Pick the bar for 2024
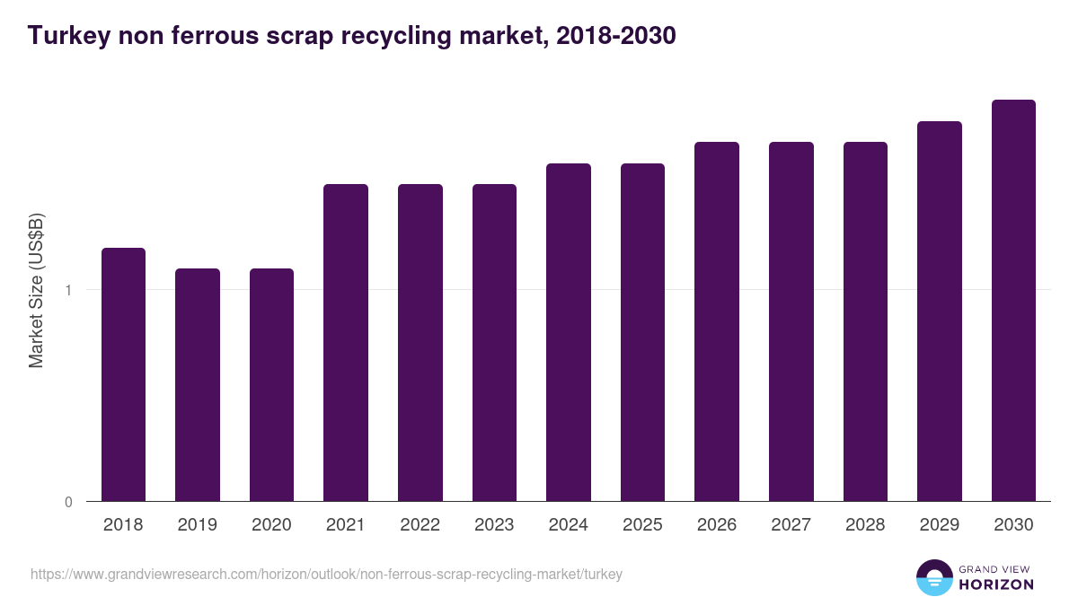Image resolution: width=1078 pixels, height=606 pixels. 569,332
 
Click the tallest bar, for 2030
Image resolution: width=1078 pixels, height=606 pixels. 1013,300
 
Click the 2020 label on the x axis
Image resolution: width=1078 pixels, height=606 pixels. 271,525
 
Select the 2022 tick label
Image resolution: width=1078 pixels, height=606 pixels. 420,525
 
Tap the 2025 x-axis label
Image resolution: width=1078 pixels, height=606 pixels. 642,525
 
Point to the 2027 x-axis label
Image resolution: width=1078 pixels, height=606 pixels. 791,525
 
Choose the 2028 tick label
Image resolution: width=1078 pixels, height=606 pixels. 865,525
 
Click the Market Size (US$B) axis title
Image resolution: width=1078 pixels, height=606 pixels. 36,290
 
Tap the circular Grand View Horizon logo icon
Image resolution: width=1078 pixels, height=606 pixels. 934,577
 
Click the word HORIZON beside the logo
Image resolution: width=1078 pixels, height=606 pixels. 996,584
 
